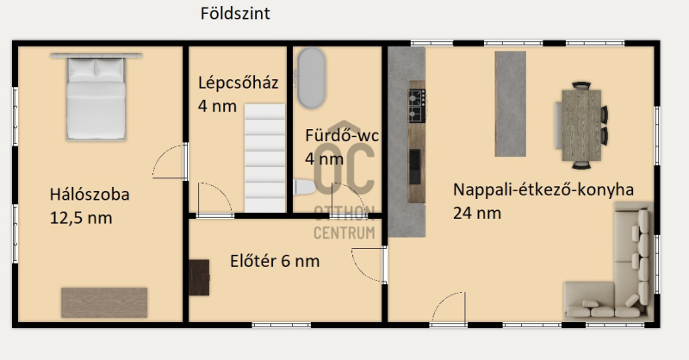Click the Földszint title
235,14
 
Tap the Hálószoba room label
90,195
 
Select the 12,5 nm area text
81,218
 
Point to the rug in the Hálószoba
104,302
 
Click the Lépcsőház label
239,83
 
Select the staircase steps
265,158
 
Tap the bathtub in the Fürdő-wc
312,78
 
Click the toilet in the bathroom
305,187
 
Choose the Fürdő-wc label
342,135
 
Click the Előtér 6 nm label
275,261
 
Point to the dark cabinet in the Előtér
199,277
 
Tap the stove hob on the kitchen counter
417,105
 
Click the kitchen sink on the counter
415,166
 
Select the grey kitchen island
511,103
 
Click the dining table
581,125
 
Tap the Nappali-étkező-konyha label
543,189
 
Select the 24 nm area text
477,214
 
